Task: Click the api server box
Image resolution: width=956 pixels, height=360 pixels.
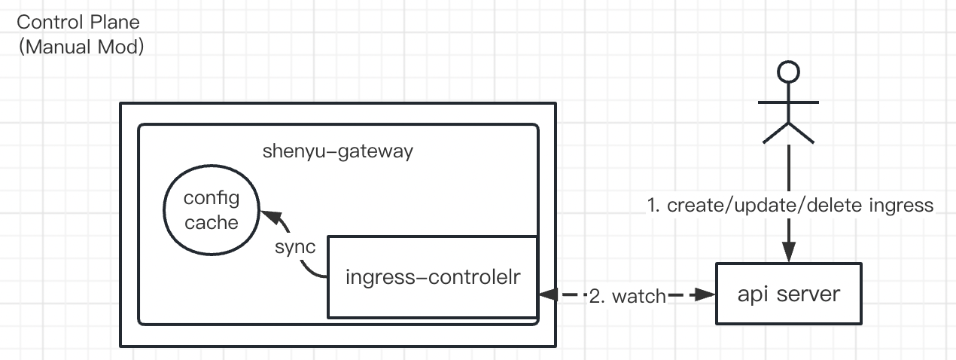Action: (x=788, y=294)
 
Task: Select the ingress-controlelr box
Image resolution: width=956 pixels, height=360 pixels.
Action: (x=431, y=276)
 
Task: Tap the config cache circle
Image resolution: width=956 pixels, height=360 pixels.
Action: (x=212, y=210)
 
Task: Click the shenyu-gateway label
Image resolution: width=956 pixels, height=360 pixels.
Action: (x=338, y=151)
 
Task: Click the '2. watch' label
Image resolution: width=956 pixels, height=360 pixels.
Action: (x=627, y=296)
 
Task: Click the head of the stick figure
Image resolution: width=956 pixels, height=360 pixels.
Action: (x=788, y=72)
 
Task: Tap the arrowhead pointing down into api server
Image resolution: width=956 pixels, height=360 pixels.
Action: (x=788, y=255)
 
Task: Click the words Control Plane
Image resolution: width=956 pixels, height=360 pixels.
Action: (x=78, y=22)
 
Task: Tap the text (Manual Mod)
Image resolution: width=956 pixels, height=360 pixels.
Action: (x=81, y=47)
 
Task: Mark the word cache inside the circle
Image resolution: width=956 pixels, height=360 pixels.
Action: (x=212, y=222)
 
